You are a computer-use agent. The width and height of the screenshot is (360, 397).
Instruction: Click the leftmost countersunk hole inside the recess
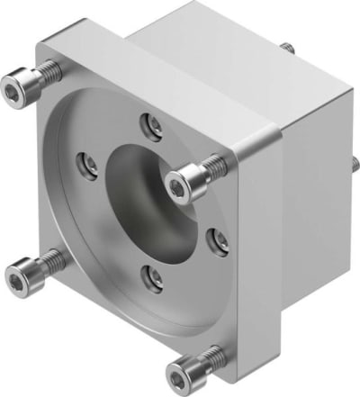click(x=87, y=163)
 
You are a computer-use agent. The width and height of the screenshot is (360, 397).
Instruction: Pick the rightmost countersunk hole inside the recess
click(x=218, y=240)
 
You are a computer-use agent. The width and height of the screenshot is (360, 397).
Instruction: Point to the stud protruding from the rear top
click(x=285, y=47)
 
